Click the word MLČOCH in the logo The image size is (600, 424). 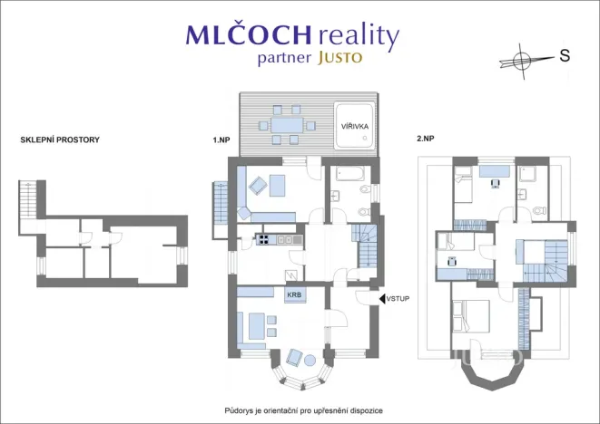(249, 34)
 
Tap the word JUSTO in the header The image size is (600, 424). (339, 58)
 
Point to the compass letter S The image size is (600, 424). (565, 56)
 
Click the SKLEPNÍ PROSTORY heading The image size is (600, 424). (60, 140)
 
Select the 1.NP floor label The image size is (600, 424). (221, 140)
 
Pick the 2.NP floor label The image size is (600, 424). (426, 139)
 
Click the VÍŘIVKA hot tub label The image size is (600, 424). (355, 127)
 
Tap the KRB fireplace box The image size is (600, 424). (294, 295)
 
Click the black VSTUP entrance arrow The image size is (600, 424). (382, 299)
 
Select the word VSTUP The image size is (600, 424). (398, 299)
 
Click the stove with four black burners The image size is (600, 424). (263, 239)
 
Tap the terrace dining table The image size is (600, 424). (287, 125)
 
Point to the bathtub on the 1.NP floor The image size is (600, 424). (350, 173)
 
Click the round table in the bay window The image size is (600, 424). (310, 361)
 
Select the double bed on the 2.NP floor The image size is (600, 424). (471, 317)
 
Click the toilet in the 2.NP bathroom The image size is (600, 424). (540, 211)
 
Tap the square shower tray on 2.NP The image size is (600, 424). (526, 175)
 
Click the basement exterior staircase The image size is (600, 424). (27, 200)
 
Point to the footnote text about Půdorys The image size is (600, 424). (303, 411)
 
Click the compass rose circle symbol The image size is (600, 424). (520, 60)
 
